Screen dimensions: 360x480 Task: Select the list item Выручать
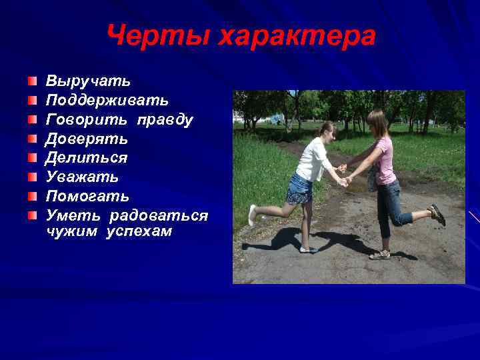coord(88,81)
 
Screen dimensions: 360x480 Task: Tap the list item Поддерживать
coord(107,101)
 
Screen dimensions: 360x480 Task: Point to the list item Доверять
coord(87,139)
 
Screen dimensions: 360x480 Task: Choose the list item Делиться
coord(86,158)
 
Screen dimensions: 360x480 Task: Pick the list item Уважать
coord(82,177)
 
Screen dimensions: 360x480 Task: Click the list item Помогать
coord(87,197)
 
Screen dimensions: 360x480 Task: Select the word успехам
coord(139,231)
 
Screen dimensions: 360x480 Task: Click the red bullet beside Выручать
coord(33,81)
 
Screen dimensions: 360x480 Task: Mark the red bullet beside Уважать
coord(33,177)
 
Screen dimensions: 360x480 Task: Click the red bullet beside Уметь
coord(33,216)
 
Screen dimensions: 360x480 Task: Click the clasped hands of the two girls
coord(344,179)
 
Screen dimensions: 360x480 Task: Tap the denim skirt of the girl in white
coord(299,190)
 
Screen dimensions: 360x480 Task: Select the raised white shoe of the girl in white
coord(252,215)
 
